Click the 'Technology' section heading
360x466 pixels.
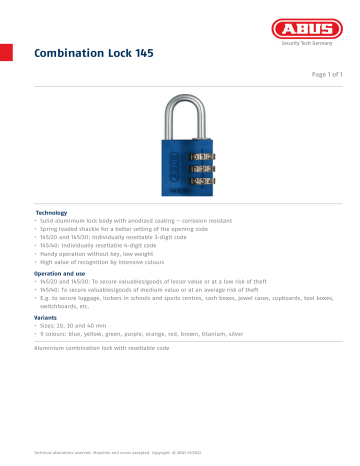pyautogui.click(x=51, y=213)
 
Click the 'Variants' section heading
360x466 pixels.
pyautogui.click(x=48, y=317)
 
